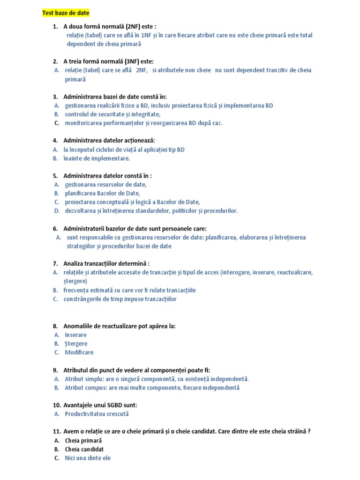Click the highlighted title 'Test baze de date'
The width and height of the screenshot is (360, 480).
66,13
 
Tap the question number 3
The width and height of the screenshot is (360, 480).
55,97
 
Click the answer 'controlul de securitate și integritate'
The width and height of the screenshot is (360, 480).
112,114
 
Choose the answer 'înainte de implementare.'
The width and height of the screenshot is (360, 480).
97,158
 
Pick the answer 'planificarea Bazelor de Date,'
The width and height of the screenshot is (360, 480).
102,193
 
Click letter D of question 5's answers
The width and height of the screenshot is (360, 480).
56,211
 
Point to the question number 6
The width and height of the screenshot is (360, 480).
55,229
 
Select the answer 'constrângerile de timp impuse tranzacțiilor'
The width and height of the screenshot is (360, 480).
120,299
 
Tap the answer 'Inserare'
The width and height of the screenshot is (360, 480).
75,335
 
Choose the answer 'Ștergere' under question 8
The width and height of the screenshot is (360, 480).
76,344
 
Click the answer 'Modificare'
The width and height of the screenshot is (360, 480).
79,352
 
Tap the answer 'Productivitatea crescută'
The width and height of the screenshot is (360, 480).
97,414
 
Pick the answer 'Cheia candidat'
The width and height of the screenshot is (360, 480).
84,449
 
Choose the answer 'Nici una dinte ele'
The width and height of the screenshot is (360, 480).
88,458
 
